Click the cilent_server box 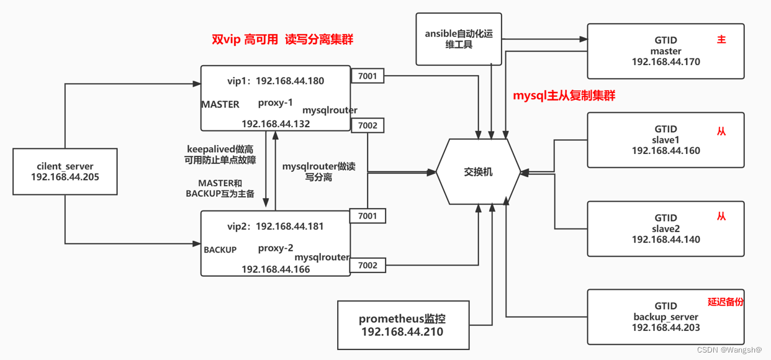tap(65, 171)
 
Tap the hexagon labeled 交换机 tap(478, 172)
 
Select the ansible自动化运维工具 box tap(458, 40)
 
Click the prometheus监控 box tap(402, 325)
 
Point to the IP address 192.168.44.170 tap(665, 62)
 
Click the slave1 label tap(665, 140)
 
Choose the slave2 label tap(665, 228)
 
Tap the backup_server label tap(665, 317)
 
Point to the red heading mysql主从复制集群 tap(564, 96)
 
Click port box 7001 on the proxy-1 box tap(367, 76)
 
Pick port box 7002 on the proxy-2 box tap(367, 265)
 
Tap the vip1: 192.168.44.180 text tap(276, 81)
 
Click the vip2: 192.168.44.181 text tap(276, 226)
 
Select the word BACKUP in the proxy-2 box tap(220, 250)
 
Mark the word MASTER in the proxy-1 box tap(220, 104)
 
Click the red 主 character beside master tap(721, 40)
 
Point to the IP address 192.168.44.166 tap(276, 269)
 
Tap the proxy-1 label tap(275, 103)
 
